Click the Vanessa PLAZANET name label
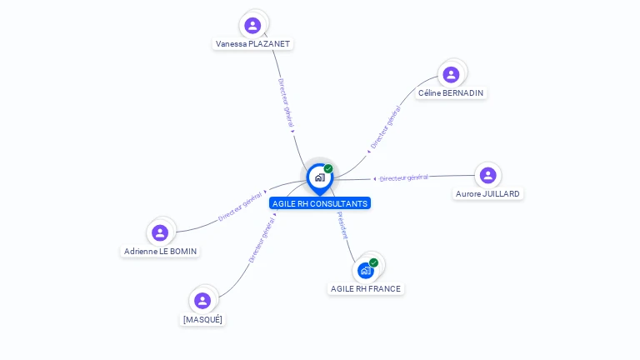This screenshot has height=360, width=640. tap(253, 44)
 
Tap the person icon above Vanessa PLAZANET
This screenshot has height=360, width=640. tap(252, 25)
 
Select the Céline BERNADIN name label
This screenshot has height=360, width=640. tap(451, 93)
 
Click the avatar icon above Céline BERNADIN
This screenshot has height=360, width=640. tap(451, 75)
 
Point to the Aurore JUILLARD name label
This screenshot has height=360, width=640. tap(487, 194)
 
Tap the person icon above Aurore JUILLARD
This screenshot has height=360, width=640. tap(487, 175)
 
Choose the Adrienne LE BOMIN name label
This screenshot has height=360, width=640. tap(161, 251)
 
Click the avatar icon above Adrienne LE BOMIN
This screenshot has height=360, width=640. tap(160, 232)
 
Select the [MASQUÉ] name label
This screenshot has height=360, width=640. tap(202, 319)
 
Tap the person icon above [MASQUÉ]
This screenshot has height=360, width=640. tap(202, 300)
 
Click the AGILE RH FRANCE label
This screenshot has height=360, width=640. tap(366, 289)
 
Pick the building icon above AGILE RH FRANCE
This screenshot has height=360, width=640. tap(365, 270)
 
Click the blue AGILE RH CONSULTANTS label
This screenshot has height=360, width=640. tap(320, 203)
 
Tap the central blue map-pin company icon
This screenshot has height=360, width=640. tap(319, 177)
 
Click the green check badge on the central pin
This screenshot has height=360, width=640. tap(328, 169)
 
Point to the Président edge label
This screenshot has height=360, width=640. tap(342, 225)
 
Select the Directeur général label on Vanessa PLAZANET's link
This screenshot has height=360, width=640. tap(286, 106)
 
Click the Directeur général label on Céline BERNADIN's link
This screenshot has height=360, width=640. tap(385, 128)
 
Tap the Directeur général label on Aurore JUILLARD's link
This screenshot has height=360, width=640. tap(403, 177)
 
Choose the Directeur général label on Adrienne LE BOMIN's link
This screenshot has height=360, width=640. tap(240, 206)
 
